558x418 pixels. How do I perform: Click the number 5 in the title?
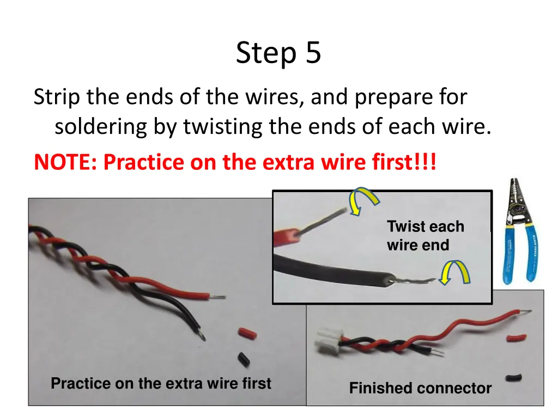(x=313, y=53)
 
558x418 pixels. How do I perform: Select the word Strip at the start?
(x=57, y=97)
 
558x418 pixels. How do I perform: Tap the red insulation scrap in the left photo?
(x=247, y=334)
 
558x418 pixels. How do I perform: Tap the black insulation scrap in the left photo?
(x=244, y=359)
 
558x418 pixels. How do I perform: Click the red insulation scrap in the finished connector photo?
(x=517, y=337)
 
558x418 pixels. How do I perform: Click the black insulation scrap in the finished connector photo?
(x=513, y=378)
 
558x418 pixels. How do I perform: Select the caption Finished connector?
(x=420, y=388)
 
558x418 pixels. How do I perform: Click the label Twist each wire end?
(x=426, y=236)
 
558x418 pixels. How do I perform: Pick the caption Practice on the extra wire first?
(x=161, y=384)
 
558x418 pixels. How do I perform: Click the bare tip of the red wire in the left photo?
(x=217, y=297)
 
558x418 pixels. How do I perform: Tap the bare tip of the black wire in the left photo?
(x=202, y=335)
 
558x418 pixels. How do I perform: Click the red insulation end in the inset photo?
(x=287, y=237)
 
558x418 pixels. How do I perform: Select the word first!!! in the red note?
(x=404, y=162)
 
